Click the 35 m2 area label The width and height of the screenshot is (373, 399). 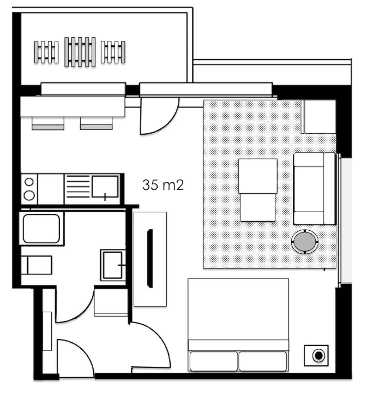click(163, 185)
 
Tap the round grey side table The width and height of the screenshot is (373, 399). click(305, 242)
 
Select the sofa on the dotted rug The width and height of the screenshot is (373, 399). click(315, 188)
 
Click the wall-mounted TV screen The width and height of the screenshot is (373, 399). click(150, 258)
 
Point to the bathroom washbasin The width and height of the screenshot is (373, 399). click(113, 265)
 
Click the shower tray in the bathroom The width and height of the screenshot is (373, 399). click(42, 228)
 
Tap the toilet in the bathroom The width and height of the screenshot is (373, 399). click(36, 265)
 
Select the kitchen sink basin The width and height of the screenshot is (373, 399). click(105, 187)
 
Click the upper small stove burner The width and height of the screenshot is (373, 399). click(29, 182)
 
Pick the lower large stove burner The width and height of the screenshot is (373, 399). click(29, 195)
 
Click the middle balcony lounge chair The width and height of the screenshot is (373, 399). click(80, 52)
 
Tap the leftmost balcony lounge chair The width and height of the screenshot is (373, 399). click(46, 52)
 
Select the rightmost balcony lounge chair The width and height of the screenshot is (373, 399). click(113, 52)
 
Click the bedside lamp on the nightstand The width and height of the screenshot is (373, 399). click(318, 356)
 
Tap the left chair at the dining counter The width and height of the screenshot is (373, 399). click(48, 123)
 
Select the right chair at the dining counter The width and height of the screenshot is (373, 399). click(96, 123)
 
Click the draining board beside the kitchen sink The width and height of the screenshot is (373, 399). click(78, 187)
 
